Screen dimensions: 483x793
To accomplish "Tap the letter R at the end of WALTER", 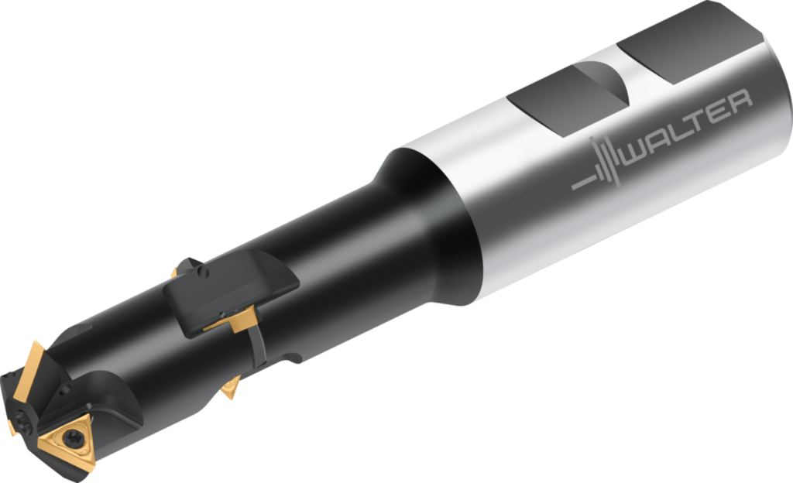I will pos(738,101).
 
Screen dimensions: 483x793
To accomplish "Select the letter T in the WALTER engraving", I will pos(700,123).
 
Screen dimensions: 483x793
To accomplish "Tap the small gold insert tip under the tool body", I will pos(230,388).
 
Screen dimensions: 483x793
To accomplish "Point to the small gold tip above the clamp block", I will pos(174,272).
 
